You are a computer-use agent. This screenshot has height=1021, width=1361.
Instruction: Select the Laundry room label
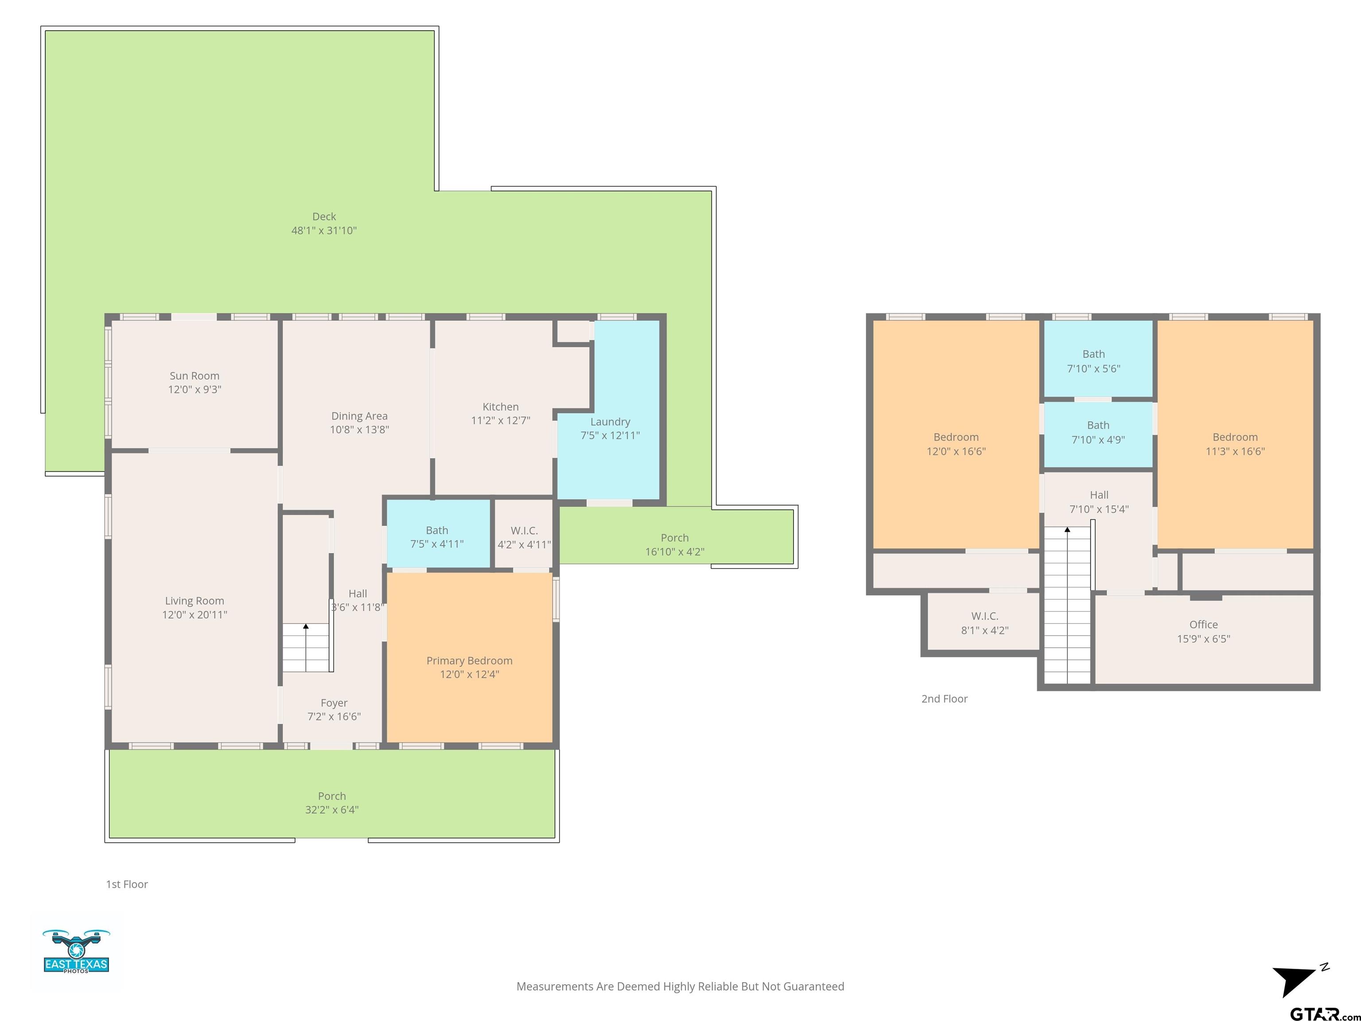point(611,421)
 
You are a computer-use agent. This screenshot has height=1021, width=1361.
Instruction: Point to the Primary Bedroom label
point(470,660)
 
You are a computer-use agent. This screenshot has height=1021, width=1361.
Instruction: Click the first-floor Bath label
point(437,530)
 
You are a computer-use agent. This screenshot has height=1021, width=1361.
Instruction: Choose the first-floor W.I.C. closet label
point(524,530)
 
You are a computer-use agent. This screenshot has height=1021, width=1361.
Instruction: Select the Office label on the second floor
point(1203,624)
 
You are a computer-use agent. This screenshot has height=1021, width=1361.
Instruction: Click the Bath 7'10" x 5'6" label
point(1093,361)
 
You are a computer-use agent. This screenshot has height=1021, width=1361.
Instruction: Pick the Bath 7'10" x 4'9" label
point(1098,432)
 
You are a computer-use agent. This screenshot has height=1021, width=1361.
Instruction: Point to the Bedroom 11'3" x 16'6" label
point(1235,444)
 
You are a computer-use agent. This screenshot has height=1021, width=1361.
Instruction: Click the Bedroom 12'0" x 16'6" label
point(956,444)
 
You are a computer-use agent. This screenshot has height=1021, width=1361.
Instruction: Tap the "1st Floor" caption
point(127,885)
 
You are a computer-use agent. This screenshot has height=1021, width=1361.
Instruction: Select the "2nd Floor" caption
point(945,698)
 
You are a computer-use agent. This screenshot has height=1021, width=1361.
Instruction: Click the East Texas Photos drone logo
point(76,951)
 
